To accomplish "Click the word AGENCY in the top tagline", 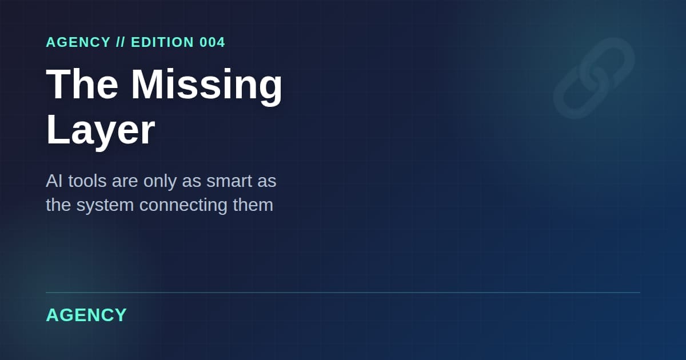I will (78, 42).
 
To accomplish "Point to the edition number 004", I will (212, 42).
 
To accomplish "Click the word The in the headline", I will (82, 84).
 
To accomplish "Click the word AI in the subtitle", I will (54, 181).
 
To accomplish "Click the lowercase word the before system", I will (58, 205).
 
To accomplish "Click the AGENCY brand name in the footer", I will (86, 315).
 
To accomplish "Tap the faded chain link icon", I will (594, 78).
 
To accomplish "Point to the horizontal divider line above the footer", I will (343, 293).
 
